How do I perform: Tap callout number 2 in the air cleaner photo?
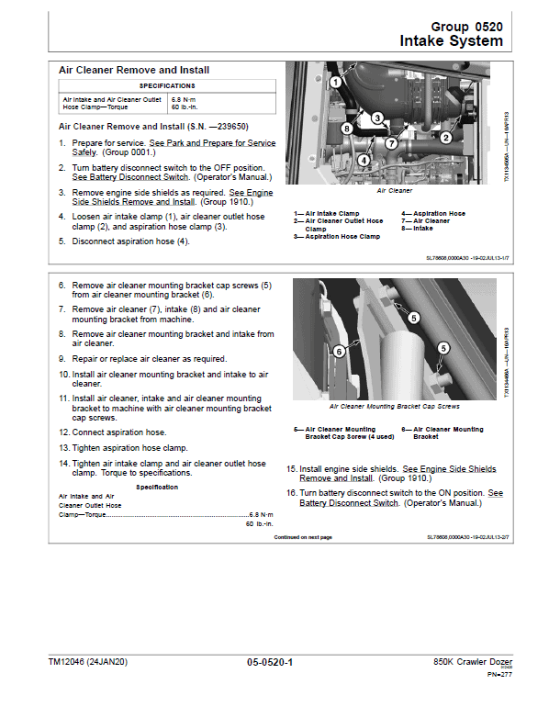[x=445, y=138]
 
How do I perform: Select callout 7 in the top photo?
[x=391, y=143]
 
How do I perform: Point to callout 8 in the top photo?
[x=346, y=129]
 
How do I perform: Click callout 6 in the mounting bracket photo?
[x=339, y=351]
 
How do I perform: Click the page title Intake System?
[x=451, y=41]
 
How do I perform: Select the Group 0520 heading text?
[x=466, y=28]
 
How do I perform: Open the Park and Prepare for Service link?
[x=212, y=143]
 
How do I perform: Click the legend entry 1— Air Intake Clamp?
[x=326, y=213]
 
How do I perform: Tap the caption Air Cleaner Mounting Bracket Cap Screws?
[x=394, y=406]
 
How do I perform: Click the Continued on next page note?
[x=303, y=537]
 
